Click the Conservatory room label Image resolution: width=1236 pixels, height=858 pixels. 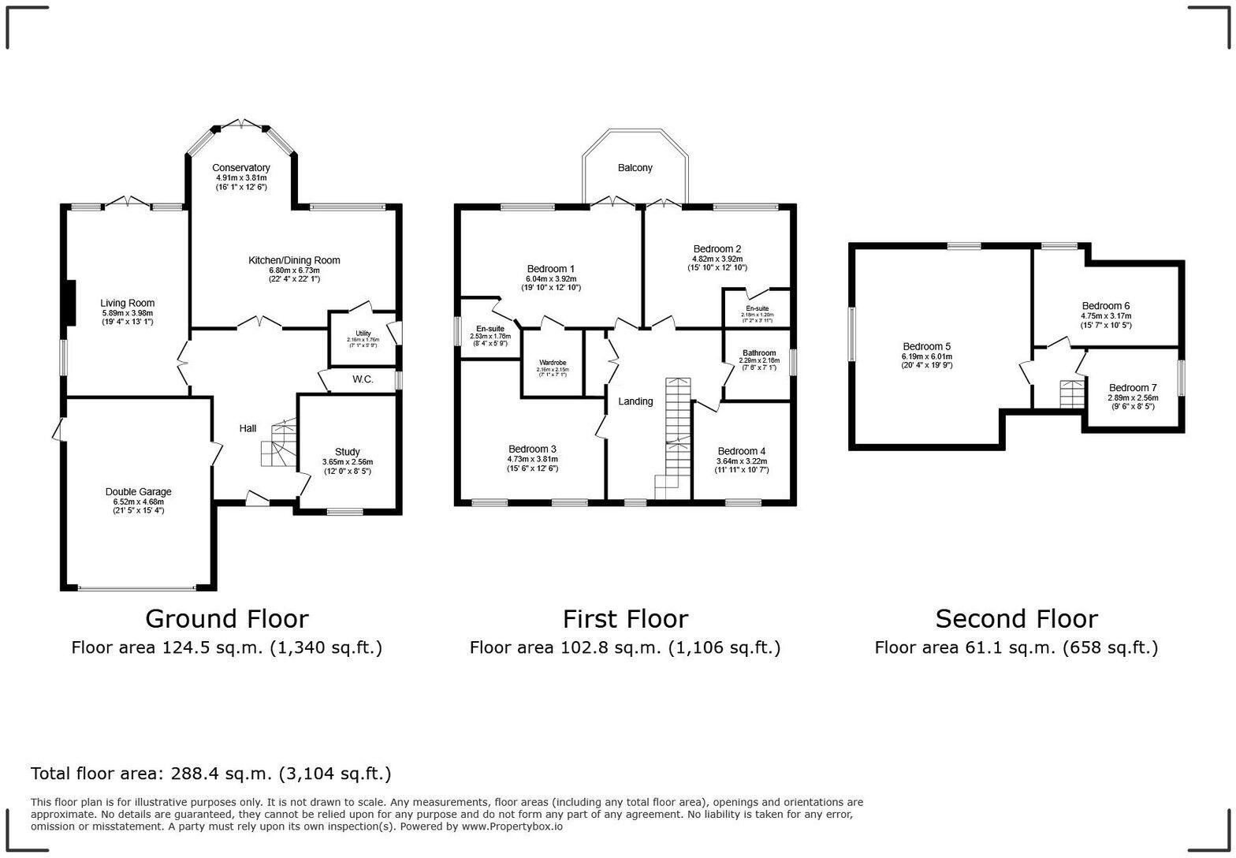pos(241,168)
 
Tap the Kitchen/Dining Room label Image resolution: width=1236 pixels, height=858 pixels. pos(294,260)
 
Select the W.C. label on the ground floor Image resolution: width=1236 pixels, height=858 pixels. pos(363,379)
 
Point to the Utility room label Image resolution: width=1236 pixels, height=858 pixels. pos(363,334)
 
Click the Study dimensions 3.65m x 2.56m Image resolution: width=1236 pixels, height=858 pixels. pos(347,462)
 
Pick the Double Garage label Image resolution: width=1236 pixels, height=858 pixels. pos(138,491)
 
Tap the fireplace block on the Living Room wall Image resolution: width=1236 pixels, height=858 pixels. pos(69,303)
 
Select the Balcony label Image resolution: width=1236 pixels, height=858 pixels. pos(635,168)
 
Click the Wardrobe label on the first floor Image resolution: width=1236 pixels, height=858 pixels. pos(553,363)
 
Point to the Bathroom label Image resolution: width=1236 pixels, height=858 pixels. pos(758,353)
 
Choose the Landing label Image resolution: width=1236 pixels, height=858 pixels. pos(635,401)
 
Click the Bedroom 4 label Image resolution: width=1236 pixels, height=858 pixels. pos(741,451)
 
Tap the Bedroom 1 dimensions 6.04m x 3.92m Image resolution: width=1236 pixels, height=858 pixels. pos(550,279)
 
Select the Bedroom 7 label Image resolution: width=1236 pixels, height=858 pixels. pos(1132,388)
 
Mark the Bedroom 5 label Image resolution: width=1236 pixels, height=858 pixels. pos(926,346)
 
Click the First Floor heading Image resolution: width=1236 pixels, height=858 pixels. pos(625,619)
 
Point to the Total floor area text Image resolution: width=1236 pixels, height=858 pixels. pos(210,774)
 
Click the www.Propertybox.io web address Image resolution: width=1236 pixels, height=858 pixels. pos(512,826)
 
